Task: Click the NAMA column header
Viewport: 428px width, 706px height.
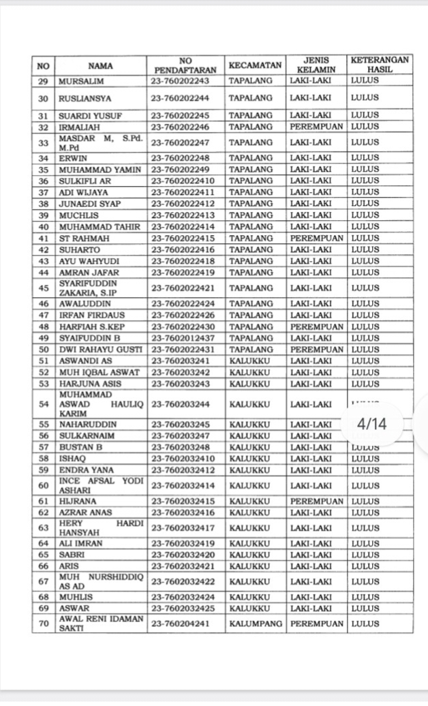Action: point(101,65)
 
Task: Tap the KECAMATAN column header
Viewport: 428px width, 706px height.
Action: point(255,65)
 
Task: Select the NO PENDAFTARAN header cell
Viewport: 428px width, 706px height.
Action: point(185,65)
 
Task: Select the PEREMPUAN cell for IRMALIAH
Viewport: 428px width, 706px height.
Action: point(316,127)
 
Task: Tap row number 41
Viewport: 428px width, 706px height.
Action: point(44,238)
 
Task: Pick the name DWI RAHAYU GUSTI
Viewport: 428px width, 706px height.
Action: point(100,350)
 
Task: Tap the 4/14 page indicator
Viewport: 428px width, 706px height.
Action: point(372,424)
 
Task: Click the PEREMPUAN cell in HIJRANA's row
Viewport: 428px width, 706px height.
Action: point(316,501)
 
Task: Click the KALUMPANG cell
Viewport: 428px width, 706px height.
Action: point(256,623)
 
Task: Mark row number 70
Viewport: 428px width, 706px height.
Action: point(44,623)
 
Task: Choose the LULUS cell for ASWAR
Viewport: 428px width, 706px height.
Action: point(365,608)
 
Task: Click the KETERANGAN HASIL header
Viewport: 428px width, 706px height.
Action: point(380,65)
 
